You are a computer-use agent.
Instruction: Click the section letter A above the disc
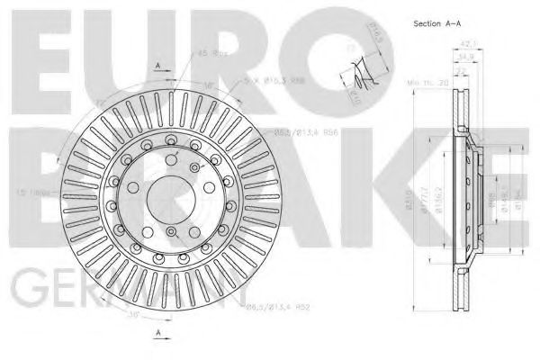click(157, 67)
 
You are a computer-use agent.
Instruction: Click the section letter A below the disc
click(157, 334)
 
